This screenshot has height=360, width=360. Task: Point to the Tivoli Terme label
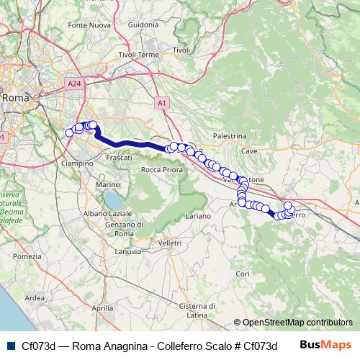138,55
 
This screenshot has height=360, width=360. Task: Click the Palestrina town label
230,135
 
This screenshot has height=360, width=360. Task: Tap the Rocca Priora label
161,169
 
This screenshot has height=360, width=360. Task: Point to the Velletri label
169,243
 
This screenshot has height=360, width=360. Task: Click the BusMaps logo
326,345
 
